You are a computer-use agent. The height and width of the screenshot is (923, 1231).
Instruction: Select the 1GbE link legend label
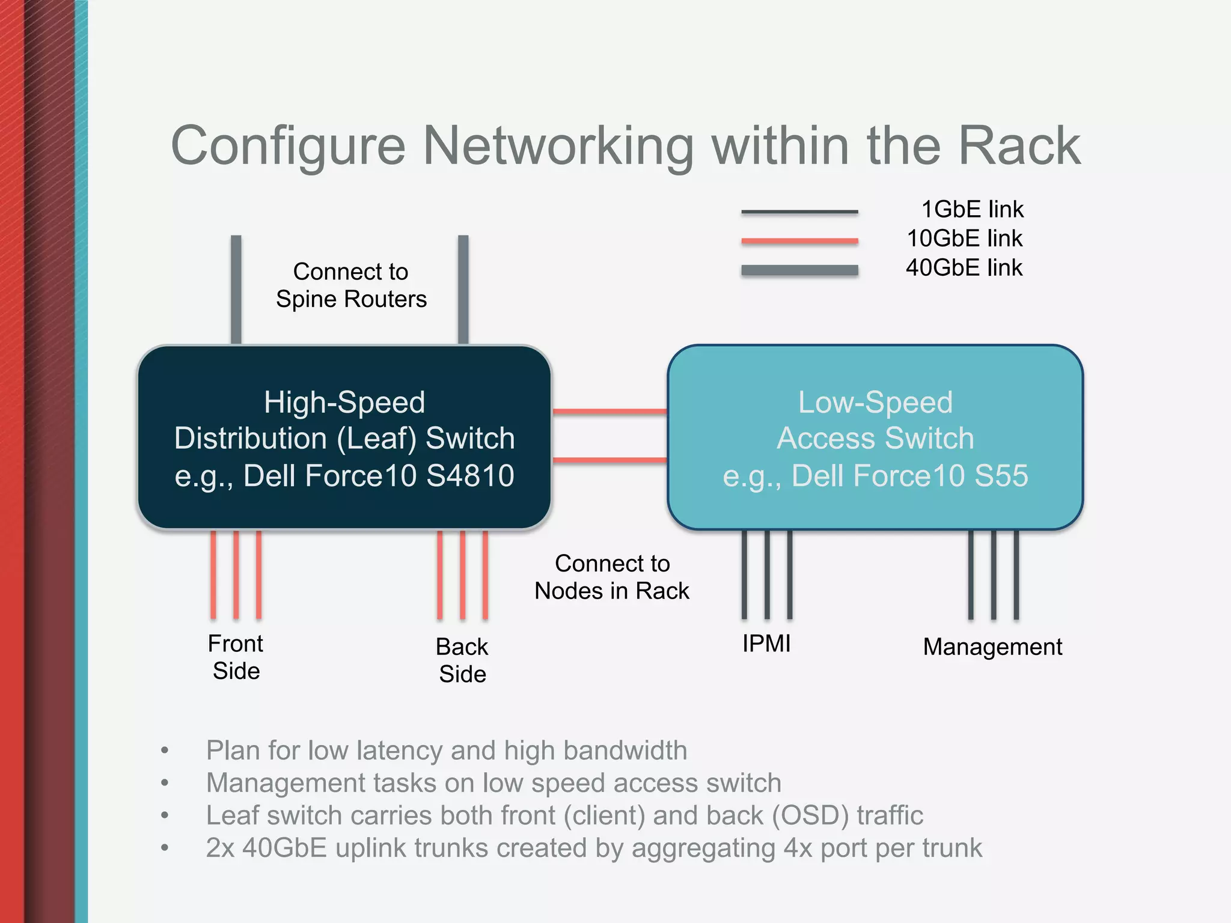[x=972, y=209]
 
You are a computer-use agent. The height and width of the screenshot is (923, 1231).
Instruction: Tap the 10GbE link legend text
[x=964, y=239]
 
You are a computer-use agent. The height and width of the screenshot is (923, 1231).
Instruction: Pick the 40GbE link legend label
[x=964, y=267]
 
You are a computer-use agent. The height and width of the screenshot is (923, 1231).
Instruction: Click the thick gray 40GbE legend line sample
[x=799, y=270]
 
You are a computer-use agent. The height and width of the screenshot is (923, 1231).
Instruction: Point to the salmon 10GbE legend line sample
[x=799, y=241]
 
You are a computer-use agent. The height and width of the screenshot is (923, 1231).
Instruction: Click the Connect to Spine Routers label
[x=351, y=285]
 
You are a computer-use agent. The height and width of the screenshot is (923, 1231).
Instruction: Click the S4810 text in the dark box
[x=470, y=476]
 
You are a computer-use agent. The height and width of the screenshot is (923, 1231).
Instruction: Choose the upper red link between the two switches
[x=609, y=412]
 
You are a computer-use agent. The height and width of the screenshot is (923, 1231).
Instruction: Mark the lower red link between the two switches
[x=609, y=460]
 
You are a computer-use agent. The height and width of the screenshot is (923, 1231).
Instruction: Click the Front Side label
[x=236, y=657]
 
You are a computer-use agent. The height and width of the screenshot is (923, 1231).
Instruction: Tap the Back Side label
[x=462, y=660]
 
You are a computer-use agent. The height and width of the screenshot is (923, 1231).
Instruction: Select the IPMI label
[x=766, y=644]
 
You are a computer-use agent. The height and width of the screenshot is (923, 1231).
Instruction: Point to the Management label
[x=992, y=647]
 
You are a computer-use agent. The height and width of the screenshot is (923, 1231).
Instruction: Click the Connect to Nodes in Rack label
[x=612, y=577]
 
